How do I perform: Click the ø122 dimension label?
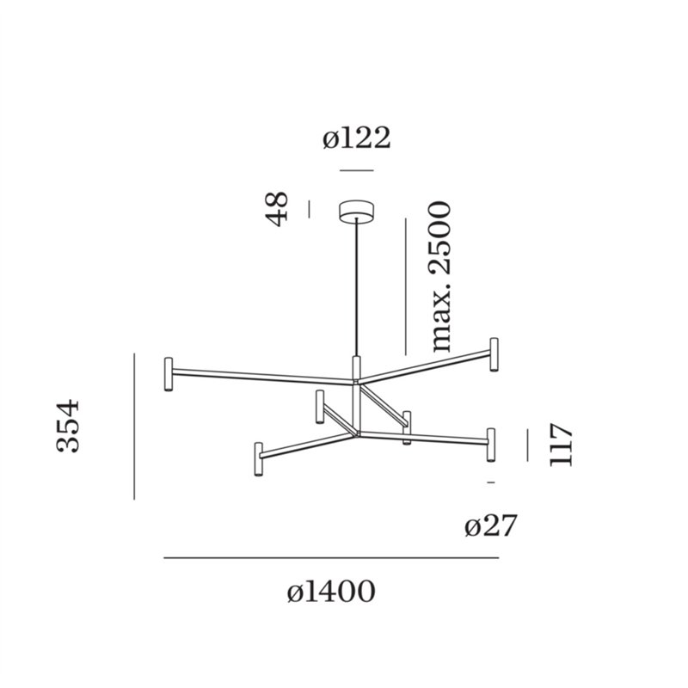click(x=356, y=138)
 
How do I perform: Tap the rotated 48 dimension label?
click(x=278, y=209)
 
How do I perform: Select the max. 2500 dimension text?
click(x=440, y=278)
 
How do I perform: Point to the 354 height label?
click(x=68, y=426)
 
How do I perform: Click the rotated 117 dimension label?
click(x=562, y=445)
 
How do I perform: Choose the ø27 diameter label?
click(x=490, y=525)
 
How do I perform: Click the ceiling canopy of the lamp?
click(x=357, y=210)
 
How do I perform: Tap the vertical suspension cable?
click(x=357, y=287)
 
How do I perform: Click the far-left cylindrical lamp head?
click(x=168, y=374)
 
